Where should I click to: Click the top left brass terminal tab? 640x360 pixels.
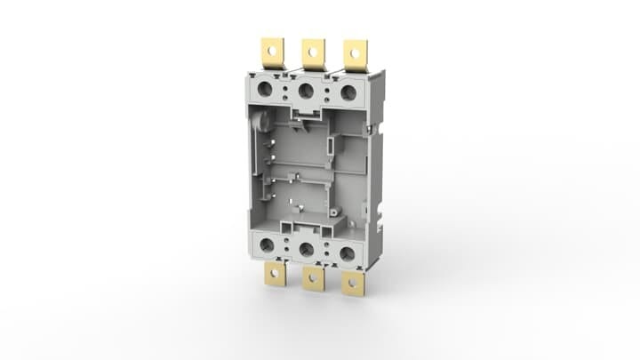click(271, 52)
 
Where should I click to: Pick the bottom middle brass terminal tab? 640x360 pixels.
click(312, 280)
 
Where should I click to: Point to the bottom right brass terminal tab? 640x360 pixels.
click(354, 284)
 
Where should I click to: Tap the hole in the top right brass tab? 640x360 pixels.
click(355, 52)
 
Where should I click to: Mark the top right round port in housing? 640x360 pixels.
click(348, 92)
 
